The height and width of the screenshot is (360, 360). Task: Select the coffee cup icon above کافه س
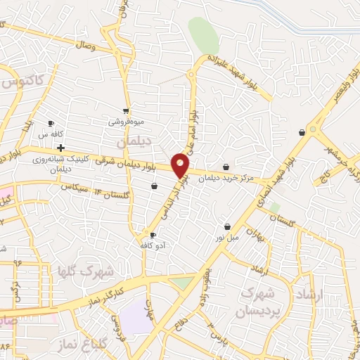point(51,122)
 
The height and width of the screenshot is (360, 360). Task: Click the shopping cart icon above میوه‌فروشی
point(126,110)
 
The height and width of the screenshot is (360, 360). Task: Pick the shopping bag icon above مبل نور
point(227,226)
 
